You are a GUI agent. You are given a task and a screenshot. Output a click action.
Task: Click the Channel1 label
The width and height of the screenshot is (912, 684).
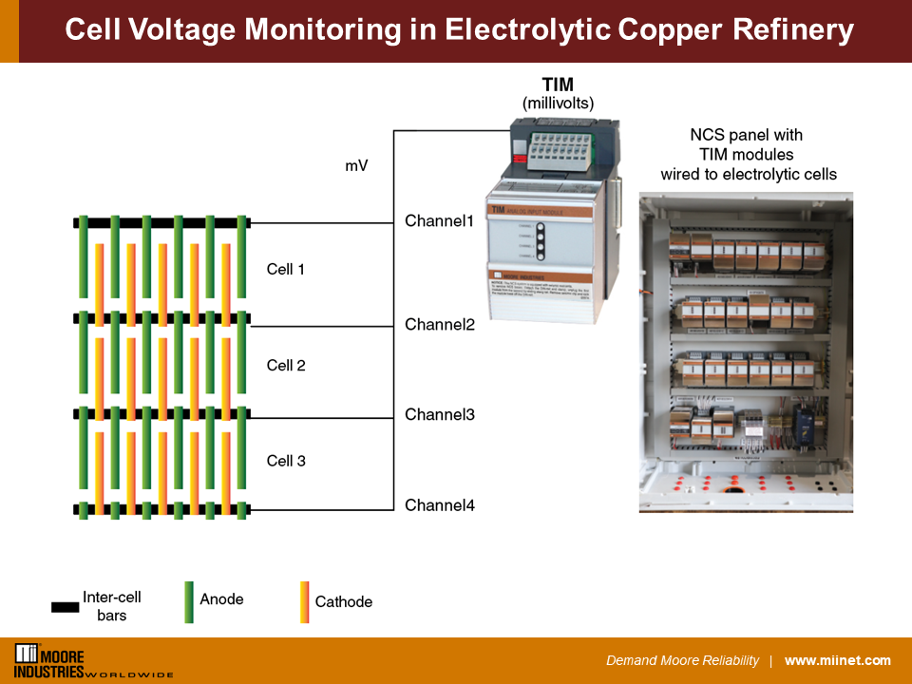pyautogui.click(x=439, y=221)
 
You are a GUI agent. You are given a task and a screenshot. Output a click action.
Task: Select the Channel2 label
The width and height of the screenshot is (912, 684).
pyautogui.click(x=440, y=325)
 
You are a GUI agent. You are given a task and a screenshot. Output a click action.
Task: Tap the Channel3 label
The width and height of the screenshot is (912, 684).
pyautogui.click(x=440, y=415)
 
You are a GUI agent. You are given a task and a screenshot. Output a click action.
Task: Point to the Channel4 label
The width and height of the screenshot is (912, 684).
pyautogui.click(x=440, y=505)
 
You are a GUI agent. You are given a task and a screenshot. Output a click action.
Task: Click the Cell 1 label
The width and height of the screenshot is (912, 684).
pyautogui.click(x=286, y=270)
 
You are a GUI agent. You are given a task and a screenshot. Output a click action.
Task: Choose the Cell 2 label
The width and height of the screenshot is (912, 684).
pyautogui.click(x=286, y=366)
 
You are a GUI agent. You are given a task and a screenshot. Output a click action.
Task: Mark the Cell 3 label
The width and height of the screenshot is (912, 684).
pyautogui.click(x=286, y=461)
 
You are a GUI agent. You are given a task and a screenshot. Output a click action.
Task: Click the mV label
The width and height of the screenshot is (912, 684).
pyautogui.click(x=356, y=166)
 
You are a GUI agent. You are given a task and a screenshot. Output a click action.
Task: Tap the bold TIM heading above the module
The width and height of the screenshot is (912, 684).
pyautogui.click(x=558, y=85)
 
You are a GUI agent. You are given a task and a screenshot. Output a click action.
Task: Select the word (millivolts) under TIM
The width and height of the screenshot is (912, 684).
pyautogui.click(x=559, y=102)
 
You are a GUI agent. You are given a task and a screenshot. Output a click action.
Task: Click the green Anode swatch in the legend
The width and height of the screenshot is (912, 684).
pyautogui.click(x=189, y=601)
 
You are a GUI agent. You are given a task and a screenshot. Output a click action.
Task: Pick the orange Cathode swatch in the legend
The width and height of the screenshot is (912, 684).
pyautogui.click(x=304, y=601)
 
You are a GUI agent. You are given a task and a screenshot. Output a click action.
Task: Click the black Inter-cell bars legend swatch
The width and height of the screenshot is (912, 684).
pyautogui.click(x=65, y=606)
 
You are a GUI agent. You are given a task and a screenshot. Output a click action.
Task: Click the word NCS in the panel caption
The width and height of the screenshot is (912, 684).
pyautogui.click(x=706, y=136)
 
